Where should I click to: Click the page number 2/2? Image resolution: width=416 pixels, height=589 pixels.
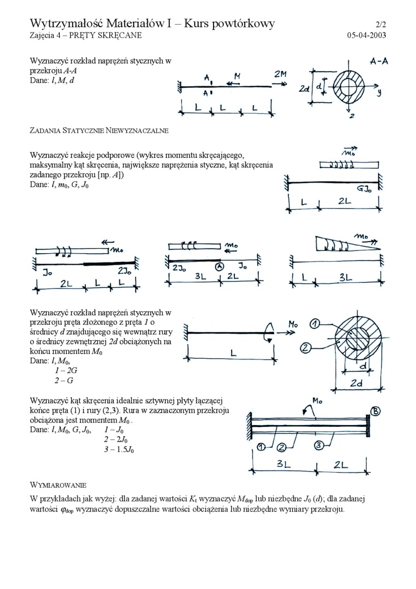380,25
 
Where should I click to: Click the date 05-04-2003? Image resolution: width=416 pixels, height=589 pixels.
367,36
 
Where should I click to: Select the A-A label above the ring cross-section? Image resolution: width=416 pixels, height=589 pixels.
379,61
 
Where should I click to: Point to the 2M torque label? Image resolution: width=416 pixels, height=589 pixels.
280,74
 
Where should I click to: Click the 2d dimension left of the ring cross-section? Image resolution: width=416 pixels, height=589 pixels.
305,87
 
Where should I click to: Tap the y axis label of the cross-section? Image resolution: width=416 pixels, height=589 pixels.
378,93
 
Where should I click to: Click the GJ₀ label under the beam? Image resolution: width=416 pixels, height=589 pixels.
365,189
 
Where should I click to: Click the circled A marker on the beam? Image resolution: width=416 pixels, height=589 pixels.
219,267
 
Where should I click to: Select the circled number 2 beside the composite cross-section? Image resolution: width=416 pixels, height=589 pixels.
306,347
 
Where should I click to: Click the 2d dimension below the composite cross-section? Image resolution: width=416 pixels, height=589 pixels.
356,384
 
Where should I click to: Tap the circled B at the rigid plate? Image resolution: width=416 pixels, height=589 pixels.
375,411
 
